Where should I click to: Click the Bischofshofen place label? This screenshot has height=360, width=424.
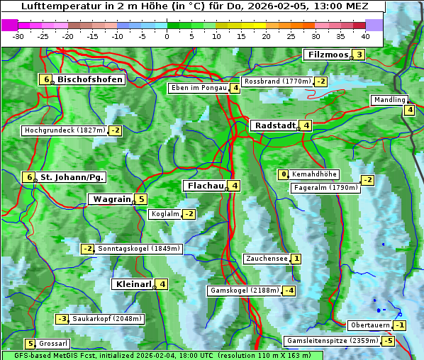pyautogui.click(x=90, y=79)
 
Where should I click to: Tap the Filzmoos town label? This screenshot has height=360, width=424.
pyautogui.click(x=328, y=55)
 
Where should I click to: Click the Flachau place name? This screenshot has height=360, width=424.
pyautogui.click(x=204, y=186)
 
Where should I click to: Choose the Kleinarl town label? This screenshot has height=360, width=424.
pyautogui.click(x=133, y=284)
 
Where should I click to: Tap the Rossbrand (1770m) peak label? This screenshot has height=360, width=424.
pyautogui.click(x=277, y=81)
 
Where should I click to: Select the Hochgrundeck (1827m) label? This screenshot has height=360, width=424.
pyautogui.click(x=65, y=130)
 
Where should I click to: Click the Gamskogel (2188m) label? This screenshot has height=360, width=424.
pyautogui.click(x=244, y=291)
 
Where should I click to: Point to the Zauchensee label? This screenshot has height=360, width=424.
pyautogui.click(x=266, y=259)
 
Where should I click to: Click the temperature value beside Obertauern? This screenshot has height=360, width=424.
pyautogui.click(x=401, y=325)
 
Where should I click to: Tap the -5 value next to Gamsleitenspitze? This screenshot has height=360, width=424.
pyautogui.click(x=388, y=341)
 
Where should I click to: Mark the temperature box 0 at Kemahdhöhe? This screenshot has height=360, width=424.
pyautogui.click(x=284, y=174)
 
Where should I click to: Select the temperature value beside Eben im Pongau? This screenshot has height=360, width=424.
pyautogui.click(x=235, y=89)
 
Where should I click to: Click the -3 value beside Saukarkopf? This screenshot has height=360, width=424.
pyautogui.click(x=62, y=319)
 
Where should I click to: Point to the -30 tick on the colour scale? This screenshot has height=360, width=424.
pyautogui.click(x=18, y=36)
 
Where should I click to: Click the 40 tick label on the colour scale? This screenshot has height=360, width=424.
pyautogui.click(x=365, y=36)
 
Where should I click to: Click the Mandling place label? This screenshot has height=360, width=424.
pyautogui.click(x=389, y=100)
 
